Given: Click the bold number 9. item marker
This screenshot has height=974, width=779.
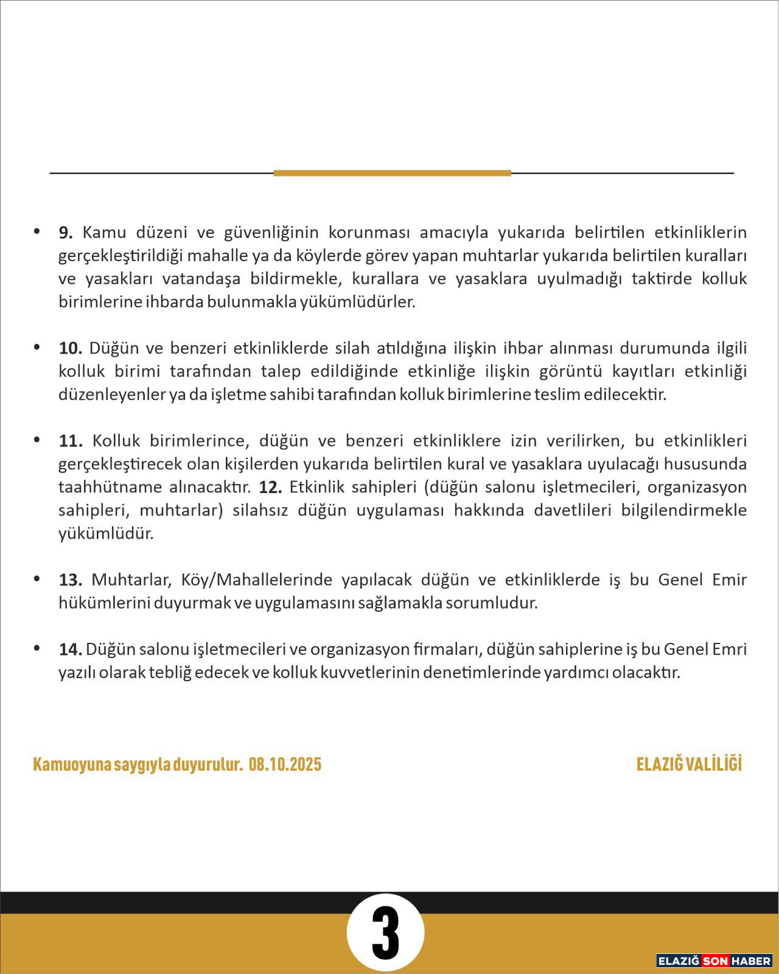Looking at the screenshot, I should [x=66, y=233].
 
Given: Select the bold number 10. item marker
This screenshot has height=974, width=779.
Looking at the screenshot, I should [x=70, y=348].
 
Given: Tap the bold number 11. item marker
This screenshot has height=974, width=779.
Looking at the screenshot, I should [x=70, y=441].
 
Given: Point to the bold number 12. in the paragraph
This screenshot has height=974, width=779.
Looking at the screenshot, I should [x=270, y=487].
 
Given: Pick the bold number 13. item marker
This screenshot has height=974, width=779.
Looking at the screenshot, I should [x=70, y=580].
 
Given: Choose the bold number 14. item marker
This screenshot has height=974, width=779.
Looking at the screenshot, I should [x=70, y=650].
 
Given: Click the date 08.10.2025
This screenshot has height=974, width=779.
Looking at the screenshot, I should [x=285, y=765].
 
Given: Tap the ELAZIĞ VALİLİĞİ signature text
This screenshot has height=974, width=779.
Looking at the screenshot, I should [x=689, y=765].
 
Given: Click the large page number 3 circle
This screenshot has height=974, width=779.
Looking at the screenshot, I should [x=385, y=933].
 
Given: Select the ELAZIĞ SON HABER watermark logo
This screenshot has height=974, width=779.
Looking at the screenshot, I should [x=714, y=961].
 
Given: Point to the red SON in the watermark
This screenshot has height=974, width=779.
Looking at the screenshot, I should [x=715, y=961].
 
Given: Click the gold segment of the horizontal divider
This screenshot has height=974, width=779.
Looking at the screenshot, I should [x=392, y=173].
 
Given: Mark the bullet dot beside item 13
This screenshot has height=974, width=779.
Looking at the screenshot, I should [x=37, y=578].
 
